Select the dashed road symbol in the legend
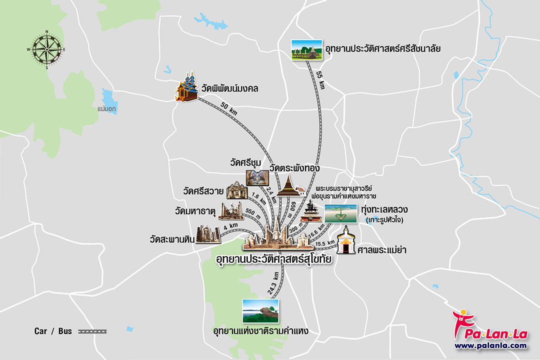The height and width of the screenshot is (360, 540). pos(93,331)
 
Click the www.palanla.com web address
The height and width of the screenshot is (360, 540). pos(490,345)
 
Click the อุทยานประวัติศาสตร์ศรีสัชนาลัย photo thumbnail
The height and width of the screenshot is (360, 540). pos(306,49)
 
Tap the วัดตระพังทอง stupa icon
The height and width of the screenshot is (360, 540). pos(290,185)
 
